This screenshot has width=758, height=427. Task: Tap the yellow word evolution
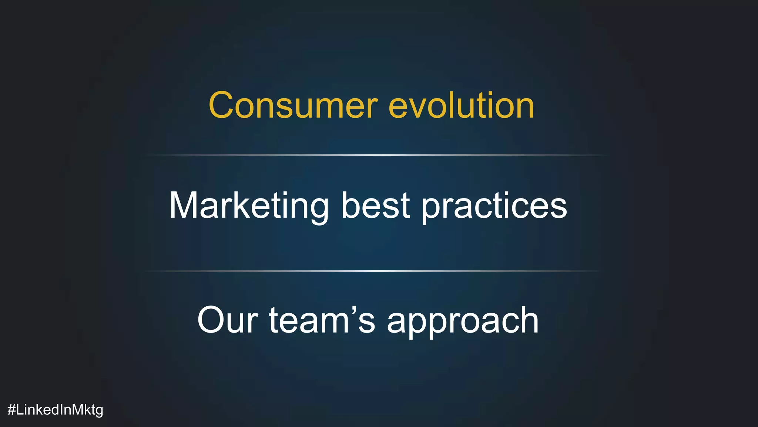click(x=461, y=106)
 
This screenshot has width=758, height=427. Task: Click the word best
click(x=375, y=206)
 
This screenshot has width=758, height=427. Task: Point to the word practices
click(x=494, y=206)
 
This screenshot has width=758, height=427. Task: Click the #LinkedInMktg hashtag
click(x=55, y=410)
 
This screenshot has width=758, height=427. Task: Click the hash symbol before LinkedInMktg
click(x=11, y=410)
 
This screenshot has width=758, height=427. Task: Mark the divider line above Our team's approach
click(x=372, y=271)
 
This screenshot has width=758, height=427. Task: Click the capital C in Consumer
click(x=223, y=106)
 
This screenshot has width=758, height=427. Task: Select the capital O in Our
click(x=213, y=320)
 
